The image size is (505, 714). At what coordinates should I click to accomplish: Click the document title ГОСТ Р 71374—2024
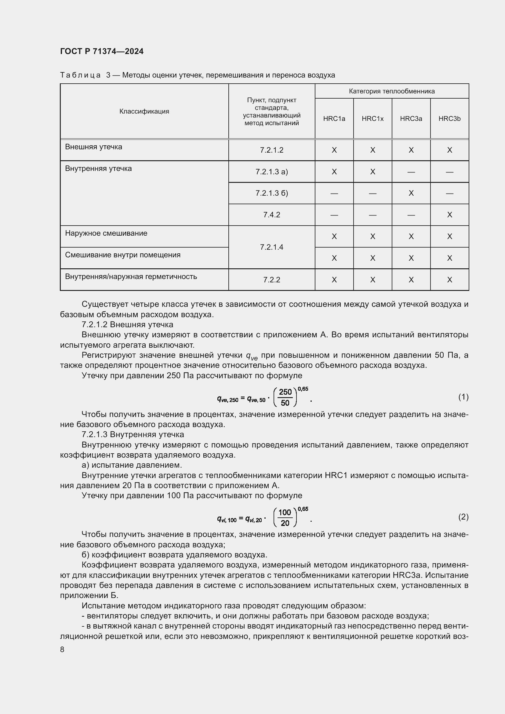[x=102, y=51]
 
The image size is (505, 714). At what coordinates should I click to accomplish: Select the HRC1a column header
[x=334, y=118]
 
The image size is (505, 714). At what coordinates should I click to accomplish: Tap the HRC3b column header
[x=449, y=118]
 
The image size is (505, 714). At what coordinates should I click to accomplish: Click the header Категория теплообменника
[x=391, y=91]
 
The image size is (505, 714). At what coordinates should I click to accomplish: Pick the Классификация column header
[x=144, y=111]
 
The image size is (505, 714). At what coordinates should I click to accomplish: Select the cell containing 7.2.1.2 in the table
[x=271, y=150]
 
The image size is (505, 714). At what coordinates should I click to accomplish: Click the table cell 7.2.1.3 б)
[x=271, y=193]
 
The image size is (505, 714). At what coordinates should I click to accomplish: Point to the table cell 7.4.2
[x=271, y=215]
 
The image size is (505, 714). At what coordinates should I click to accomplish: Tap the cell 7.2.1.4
[x=271, y=247]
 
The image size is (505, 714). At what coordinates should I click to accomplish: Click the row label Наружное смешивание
[x=106, y=233]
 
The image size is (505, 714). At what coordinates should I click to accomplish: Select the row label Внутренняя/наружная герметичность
[x=131, y=277]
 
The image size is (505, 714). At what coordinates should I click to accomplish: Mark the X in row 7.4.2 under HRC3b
[x=449, y=215]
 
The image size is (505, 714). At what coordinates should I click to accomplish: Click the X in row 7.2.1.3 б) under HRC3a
[x=411, y=193]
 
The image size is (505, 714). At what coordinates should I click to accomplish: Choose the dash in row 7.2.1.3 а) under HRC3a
[x=411, y=172]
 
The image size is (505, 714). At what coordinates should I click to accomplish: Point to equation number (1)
[x=463, y=397]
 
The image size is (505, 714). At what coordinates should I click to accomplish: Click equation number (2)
[x=463, y=516]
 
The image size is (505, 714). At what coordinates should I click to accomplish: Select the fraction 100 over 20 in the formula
[x=285, y=517]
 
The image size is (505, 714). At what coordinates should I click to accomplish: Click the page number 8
[x=62, y=650]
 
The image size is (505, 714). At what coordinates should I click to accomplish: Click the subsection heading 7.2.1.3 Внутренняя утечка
[x=133, y=434]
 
